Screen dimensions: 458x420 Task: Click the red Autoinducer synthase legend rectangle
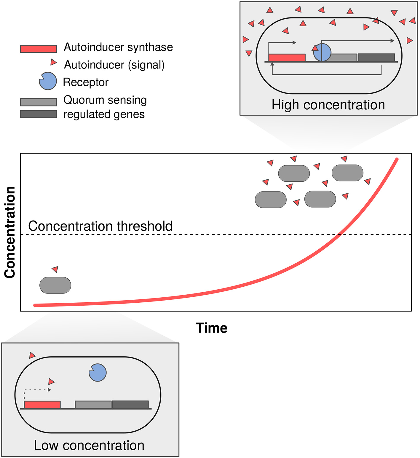pos(38,49)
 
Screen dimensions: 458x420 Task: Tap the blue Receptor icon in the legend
pos(48,81)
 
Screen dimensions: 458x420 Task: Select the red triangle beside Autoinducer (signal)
pos(53,62)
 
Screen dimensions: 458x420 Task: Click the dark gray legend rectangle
pos(38,114)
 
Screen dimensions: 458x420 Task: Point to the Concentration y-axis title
pos(10,232)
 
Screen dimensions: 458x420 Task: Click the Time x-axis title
pos(212,328)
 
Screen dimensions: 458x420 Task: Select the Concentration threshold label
pos(100,226)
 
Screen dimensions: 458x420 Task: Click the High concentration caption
pos(328,105)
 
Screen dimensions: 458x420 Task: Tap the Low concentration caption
pos(89,445)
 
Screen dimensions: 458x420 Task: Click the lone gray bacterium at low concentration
pos(55,285)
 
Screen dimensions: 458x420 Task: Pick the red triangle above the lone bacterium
pos(55,269)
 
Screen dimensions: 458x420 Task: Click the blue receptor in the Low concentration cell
pos(98,373)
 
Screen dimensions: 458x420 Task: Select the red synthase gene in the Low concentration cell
pos(42,405)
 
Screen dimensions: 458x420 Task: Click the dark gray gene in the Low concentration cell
pos(130,405)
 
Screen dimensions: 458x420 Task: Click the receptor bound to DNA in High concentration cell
pos(322,52)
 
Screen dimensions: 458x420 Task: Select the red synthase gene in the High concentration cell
pos(287,58)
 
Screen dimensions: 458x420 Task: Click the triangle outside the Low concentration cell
pos(32,355)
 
